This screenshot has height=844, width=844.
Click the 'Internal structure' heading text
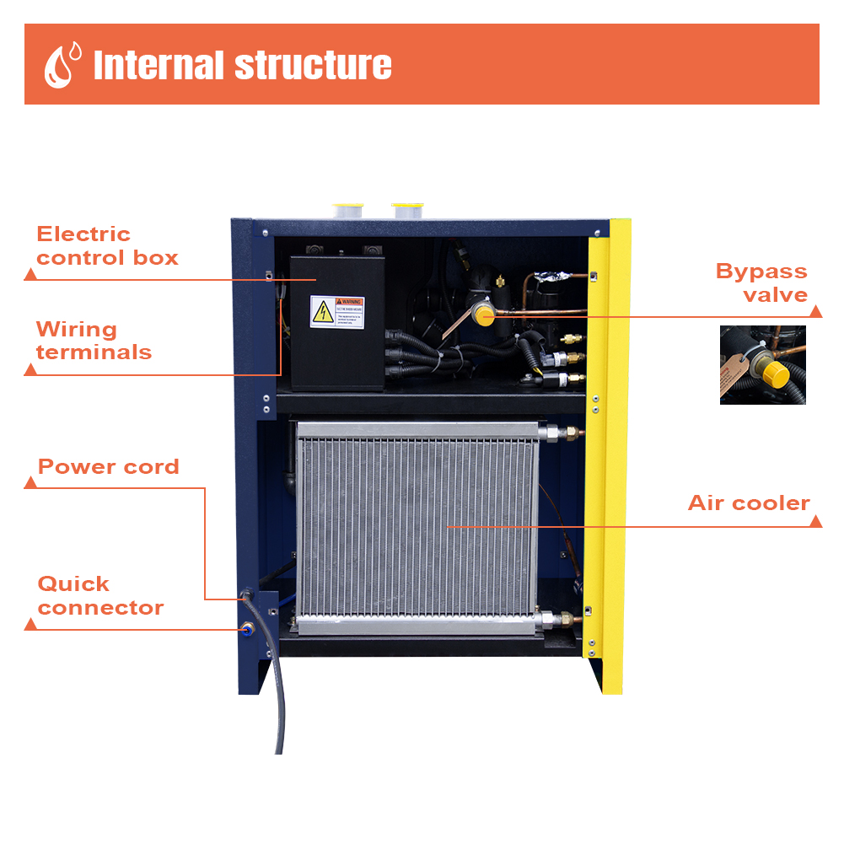(242, 65)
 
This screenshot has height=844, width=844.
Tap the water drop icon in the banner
(62, 64)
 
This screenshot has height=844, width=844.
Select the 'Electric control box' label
(107, 245)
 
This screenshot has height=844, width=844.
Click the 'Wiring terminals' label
(94, 341)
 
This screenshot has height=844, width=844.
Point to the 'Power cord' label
(108, 466)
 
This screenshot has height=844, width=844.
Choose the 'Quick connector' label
(100, 595)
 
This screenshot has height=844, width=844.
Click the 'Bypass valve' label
(761, 282)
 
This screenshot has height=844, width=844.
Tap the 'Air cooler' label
(749, 503)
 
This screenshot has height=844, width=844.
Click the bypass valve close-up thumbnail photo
(762, 364)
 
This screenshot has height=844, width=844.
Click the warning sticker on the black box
(336, 312)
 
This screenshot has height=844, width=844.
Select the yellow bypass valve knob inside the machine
(484, 315)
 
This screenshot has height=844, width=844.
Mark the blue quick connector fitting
(247, 627)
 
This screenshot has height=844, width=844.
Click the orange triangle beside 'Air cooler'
(815, 522)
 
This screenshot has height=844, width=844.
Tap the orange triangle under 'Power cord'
(30, 483)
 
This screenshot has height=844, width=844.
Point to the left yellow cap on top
(347, 207)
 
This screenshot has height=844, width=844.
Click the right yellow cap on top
(407, 207)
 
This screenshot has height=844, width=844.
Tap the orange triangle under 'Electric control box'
(30, 274)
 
